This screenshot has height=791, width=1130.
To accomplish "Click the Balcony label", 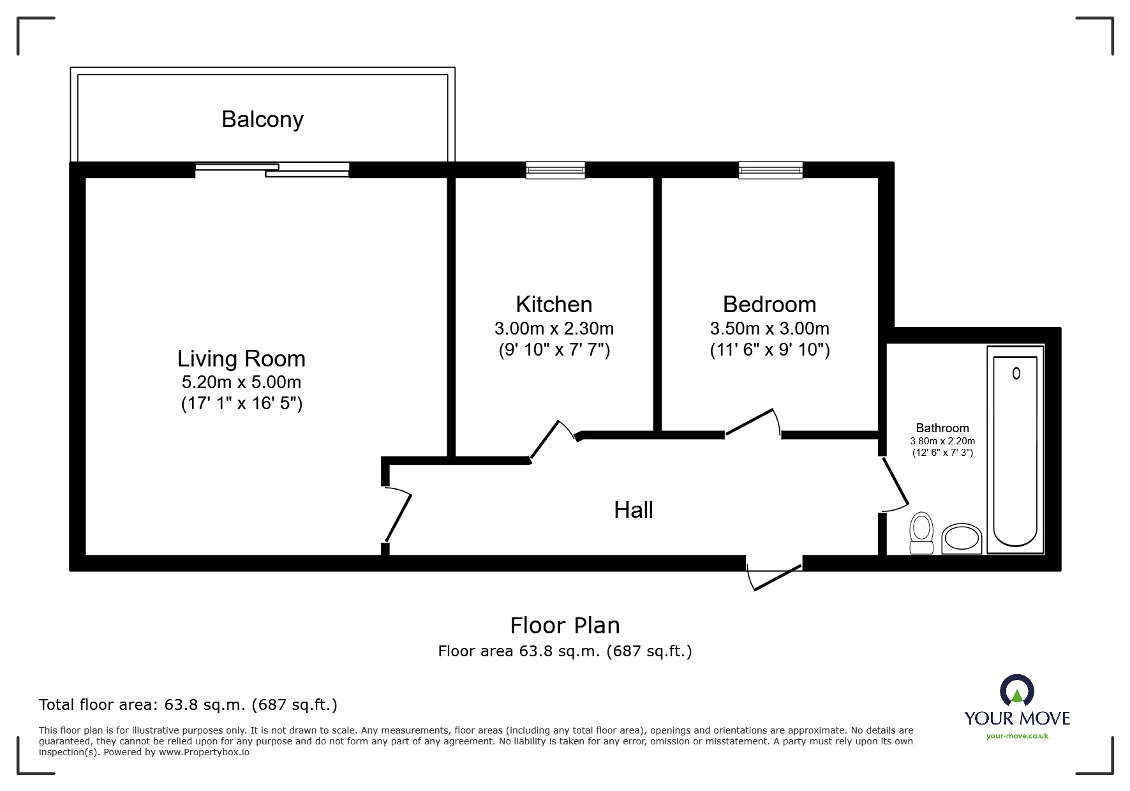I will click(x=262, y=119).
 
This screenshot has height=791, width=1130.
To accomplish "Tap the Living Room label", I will click(x=241, y=359).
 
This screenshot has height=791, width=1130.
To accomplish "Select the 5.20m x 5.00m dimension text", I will click(x=241, y=382).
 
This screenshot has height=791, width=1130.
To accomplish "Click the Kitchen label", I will click(x=554, y=304).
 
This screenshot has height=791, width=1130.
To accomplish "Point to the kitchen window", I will click(x=555, y=170).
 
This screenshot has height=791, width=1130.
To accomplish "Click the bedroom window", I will click(x=770, y=170).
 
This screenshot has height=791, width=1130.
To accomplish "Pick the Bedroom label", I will click(x=769, y=304).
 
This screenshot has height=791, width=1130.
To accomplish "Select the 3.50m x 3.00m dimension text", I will click(x=769, y=329).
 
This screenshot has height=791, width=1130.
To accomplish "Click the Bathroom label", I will click(x=942, y=428).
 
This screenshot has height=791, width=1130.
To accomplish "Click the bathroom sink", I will click(x=962, y=538).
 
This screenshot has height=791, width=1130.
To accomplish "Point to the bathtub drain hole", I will click(x=1016, y=373).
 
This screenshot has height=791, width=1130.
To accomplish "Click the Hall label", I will click(x=633, y=510).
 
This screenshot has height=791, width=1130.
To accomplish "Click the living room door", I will click(x=397, y=516).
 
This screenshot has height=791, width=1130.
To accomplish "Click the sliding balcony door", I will click(x=272, y=169).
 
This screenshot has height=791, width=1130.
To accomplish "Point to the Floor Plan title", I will click(x=565, y=626).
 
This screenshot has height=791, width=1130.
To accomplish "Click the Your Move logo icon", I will click(x=1017, y=691).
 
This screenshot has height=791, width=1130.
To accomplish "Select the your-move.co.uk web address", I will click(x=1017, y=736).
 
